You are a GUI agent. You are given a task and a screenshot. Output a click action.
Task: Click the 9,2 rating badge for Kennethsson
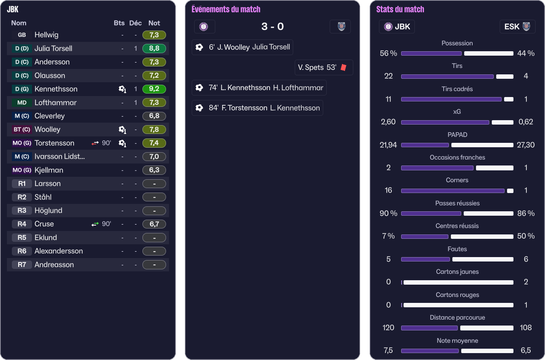(154, 89)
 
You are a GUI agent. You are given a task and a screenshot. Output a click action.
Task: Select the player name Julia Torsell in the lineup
(53, 48)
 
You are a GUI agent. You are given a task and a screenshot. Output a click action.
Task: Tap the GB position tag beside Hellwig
(22, 35)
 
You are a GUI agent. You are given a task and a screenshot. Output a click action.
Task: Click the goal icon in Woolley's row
(122, 130)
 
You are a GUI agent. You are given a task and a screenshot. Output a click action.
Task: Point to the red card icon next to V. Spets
(343, 67)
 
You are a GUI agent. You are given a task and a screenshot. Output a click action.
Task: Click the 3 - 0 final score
(272, 27)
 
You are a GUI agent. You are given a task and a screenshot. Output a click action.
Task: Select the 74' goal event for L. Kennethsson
(259, 88)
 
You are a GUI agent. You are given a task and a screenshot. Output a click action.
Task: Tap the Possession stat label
(457, 43)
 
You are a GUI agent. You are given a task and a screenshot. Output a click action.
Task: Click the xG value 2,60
(388, 122)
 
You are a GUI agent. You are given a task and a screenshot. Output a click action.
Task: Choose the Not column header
(154, 23)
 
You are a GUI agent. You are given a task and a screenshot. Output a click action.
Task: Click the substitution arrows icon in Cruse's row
(95, 224)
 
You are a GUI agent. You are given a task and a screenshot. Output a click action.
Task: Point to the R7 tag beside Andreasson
(22, 264)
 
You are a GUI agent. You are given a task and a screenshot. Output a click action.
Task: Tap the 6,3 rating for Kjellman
(154, 170)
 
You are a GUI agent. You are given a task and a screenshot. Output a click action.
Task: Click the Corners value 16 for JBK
(388, 190)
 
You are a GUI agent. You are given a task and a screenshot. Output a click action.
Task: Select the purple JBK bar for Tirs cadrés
(451, 99)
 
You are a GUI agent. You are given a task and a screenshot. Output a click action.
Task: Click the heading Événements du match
(226, 9)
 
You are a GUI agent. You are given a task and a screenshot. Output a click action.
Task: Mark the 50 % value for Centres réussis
(526, 236)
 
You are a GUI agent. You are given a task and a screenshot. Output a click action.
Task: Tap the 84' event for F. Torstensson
(257, 108)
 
